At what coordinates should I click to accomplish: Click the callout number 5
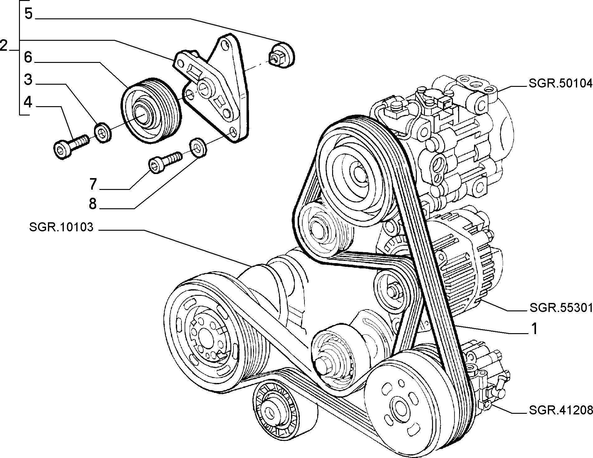(x=29, y=14)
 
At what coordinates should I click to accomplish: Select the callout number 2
(x=4, y=46)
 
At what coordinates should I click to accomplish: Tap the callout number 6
(x=28, y=57)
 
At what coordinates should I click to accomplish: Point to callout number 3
(x=28, y=79)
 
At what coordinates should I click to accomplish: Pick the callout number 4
(x=28, y=102)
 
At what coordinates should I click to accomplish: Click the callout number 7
(x=93, y=184)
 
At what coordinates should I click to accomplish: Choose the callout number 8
(x=93, y=204)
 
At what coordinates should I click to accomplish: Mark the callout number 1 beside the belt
(x=534, y=328)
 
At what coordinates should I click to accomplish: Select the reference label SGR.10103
(x=61, y=227)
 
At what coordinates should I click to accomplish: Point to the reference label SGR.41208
(x=561, y=410)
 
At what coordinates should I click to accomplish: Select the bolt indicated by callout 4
(x=71, y=146)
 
